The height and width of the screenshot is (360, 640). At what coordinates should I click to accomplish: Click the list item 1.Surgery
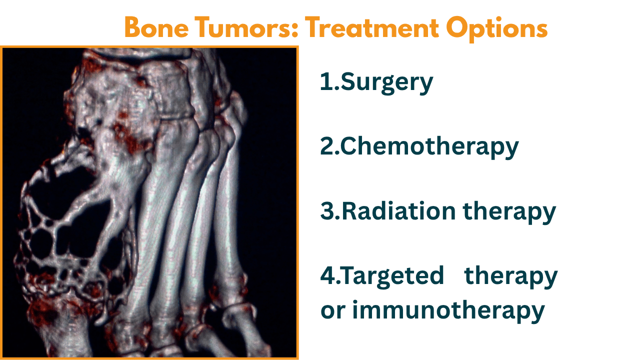376,82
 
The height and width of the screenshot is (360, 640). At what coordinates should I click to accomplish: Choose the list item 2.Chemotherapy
419,146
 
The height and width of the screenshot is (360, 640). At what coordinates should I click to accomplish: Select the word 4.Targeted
382,276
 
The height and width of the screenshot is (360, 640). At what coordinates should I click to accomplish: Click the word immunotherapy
448,311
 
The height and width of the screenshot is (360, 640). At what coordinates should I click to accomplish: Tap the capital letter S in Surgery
348,82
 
